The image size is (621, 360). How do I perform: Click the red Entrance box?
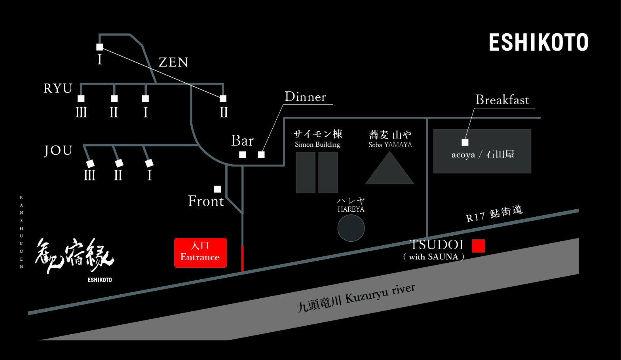point(200,253)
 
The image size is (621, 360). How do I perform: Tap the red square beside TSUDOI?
point(478,246)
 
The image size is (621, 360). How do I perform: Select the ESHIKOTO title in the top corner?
point(538,42)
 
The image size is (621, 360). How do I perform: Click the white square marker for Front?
point(217,189)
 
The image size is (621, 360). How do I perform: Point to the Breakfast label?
point(502,100)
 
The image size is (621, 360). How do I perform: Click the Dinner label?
point(305,97)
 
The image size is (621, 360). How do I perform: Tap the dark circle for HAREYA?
point(351,228)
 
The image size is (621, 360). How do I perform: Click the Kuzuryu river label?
point(356,298)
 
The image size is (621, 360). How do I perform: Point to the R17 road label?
point(494,213)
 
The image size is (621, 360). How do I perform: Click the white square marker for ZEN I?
point(100,47)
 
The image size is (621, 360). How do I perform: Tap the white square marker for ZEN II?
point(223,99)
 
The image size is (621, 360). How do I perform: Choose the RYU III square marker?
point(81,99)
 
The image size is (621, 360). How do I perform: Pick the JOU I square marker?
point(149,163)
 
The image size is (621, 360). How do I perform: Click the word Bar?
point(242,140)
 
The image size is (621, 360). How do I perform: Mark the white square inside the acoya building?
point(465,142)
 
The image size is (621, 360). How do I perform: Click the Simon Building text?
point(317,144)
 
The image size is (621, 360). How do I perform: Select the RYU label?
point(58,88)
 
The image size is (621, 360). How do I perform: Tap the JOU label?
point(58,150)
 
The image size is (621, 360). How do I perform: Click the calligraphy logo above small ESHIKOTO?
point(74,256)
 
